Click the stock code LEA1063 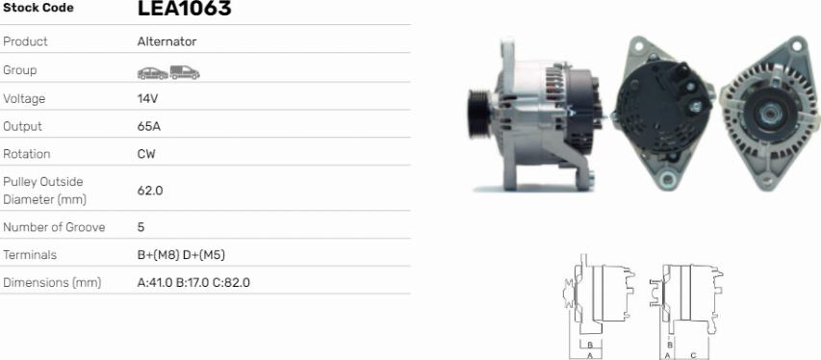(x=184, y=8)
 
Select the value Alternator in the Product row (x=167, y=42)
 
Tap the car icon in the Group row (x=153, y=73)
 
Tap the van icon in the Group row (x=185, y=72)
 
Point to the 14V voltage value (x=147, y=98)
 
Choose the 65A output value (x=149, y=126)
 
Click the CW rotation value (x=146, y=154)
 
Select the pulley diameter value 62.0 (x=150, y=191)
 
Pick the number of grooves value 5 (x=141, y=227)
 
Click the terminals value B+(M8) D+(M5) (x=181, y=255)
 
